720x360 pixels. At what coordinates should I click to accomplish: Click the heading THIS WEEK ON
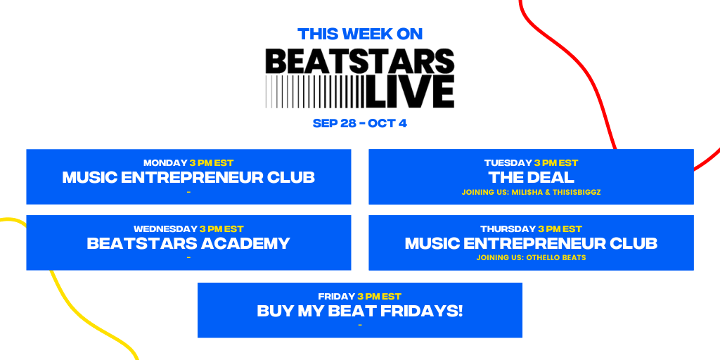(x=360, y=33)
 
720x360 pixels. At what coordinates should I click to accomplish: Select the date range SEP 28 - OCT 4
(x=360, y=124)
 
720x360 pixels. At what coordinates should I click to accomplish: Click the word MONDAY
(x=165, y=163)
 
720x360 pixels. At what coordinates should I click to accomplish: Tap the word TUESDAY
(x=508, y=163)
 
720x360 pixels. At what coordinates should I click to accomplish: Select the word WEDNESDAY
(x=165, y=229)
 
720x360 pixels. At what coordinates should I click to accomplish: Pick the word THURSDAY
(x=508, y=229)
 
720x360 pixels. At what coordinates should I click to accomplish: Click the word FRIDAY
(x=337, y=297)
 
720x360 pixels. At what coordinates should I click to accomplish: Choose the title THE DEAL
(x=531, y=177)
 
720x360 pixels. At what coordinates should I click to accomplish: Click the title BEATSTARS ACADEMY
(x=188, y=243)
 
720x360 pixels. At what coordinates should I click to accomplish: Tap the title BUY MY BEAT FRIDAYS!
(x=360, y=311)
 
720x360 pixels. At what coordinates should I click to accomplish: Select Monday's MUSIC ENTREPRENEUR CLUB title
(x=188, y=177)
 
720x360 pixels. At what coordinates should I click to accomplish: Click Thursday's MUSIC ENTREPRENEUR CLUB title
(x=531, y=243)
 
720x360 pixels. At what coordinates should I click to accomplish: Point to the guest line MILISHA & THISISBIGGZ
(x=531, y=192)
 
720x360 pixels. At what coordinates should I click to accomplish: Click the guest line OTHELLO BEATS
(x=531, y=258)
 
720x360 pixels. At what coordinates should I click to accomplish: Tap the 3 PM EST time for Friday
(x=379, y=297)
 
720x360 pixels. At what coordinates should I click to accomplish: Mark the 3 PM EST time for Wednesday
(x=221, y=229)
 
